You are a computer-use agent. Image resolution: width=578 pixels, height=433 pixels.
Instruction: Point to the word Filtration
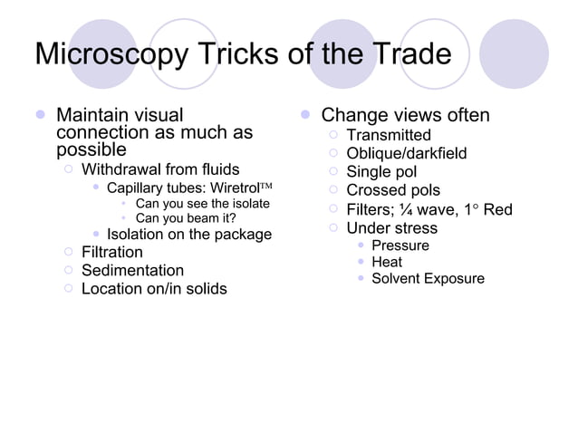click(x=112, y=252)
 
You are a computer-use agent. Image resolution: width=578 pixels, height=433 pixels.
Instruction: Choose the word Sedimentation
click(x=132, y=270)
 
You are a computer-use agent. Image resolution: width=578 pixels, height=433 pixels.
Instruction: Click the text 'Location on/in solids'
click(x=154, y=289)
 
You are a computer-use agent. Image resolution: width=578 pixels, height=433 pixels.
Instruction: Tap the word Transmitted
click(x=389, y=135)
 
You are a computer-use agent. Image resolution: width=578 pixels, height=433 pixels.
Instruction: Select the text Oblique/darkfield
click(x=407, y=153)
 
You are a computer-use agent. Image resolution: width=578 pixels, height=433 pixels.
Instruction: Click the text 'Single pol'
click(x=381, y=171)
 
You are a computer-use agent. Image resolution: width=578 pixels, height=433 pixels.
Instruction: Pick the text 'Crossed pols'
click(x=393, y=190)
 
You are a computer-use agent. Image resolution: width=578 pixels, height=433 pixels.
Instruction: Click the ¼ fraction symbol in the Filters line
click(x=408, y=210)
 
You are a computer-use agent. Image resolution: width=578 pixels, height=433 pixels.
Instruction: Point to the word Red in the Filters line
click(x=497, y=210)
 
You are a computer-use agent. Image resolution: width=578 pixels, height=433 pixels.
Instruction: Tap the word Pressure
click(x=400, y=245)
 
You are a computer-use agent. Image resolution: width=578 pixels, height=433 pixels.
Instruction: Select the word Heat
click(x=387, y=262)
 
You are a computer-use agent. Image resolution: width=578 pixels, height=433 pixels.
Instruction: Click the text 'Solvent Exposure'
click(x=428, y=278)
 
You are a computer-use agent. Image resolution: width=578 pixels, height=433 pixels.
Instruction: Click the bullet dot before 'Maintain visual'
click(x=40, y=116)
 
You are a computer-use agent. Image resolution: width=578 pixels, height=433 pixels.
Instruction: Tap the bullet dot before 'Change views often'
click(x=305, y=116)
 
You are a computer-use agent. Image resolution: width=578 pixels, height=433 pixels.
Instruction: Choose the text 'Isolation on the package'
click(x=189, y=235)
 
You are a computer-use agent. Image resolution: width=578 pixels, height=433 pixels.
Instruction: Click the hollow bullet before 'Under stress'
click(x=332, y=227)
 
